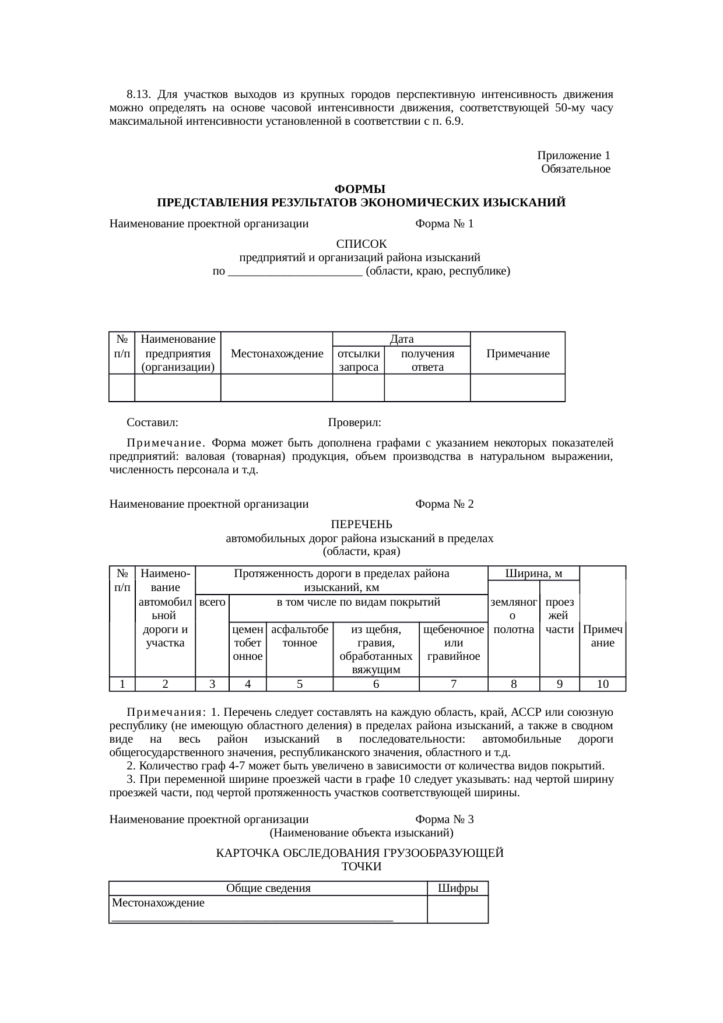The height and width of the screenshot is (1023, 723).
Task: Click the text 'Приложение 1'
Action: [x=574, y=156]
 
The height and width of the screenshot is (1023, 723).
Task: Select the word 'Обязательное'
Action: [x=575, y=169]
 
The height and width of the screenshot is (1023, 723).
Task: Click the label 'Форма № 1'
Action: [x=444, y=224]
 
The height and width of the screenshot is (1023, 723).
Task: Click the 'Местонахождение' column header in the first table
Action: [x=277, y=354]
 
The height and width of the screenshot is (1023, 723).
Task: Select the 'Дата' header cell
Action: [x=401, y=339]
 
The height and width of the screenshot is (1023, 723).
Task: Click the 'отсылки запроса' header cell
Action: [x=359, y=360]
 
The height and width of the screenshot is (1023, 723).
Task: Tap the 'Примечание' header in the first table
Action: [x=518, y=354]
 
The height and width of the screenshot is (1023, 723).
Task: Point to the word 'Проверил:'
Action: [x=355, y=422]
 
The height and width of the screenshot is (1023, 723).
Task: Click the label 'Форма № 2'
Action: [x=444, y=504]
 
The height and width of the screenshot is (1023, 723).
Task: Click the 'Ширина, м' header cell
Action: [x=533, y=574]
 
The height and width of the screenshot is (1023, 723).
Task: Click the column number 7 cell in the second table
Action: [x=453, y=684]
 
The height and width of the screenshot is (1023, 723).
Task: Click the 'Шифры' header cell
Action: [x=458, y=888]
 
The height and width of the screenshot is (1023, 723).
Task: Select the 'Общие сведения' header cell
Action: [x=268, y=888]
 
